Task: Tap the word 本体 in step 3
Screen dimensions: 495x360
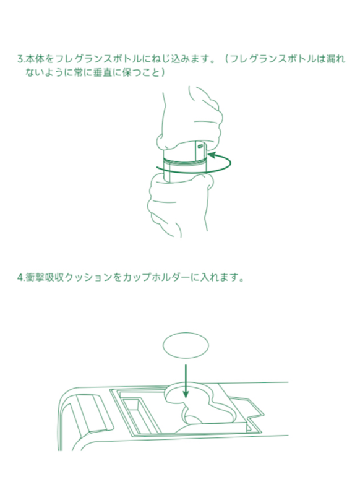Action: point(32,60)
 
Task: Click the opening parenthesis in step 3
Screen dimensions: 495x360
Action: point(227,60)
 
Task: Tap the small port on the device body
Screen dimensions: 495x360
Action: point(199,148)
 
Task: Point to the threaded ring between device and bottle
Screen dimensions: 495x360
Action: point(184,165)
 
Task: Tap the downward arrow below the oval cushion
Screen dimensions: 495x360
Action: point(186,381)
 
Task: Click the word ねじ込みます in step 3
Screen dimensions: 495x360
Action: point(188,60)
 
